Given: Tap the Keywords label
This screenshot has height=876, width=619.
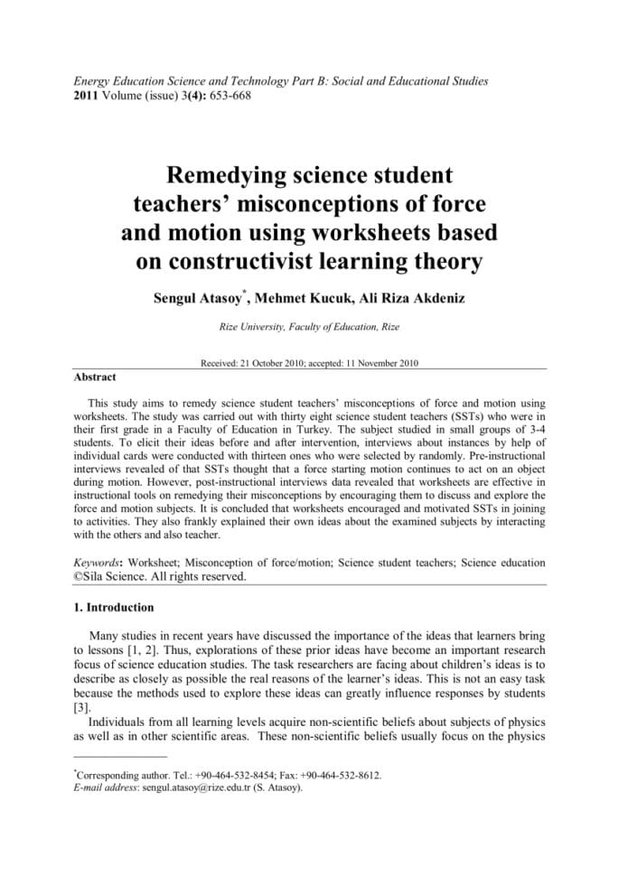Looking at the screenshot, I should [x=97, y=562].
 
